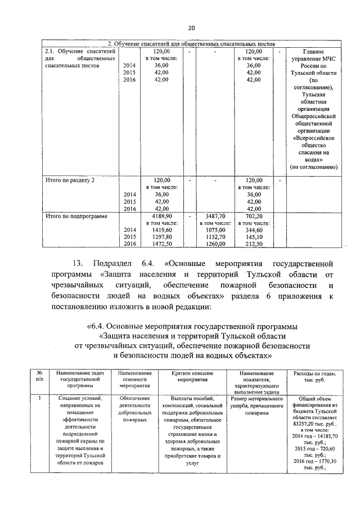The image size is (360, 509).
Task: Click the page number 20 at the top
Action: [x=191, y=28]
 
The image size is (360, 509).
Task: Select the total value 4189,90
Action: [x=161, y=215]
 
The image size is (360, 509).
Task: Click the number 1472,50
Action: [x=161, y=244]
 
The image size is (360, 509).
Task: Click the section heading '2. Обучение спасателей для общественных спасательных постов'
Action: [x=191, y=44]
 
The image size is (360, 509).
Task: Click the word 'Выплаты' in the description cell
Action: [x=176, y=399]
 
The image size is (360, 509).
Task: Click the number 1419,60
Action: [x=161, y=229]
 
